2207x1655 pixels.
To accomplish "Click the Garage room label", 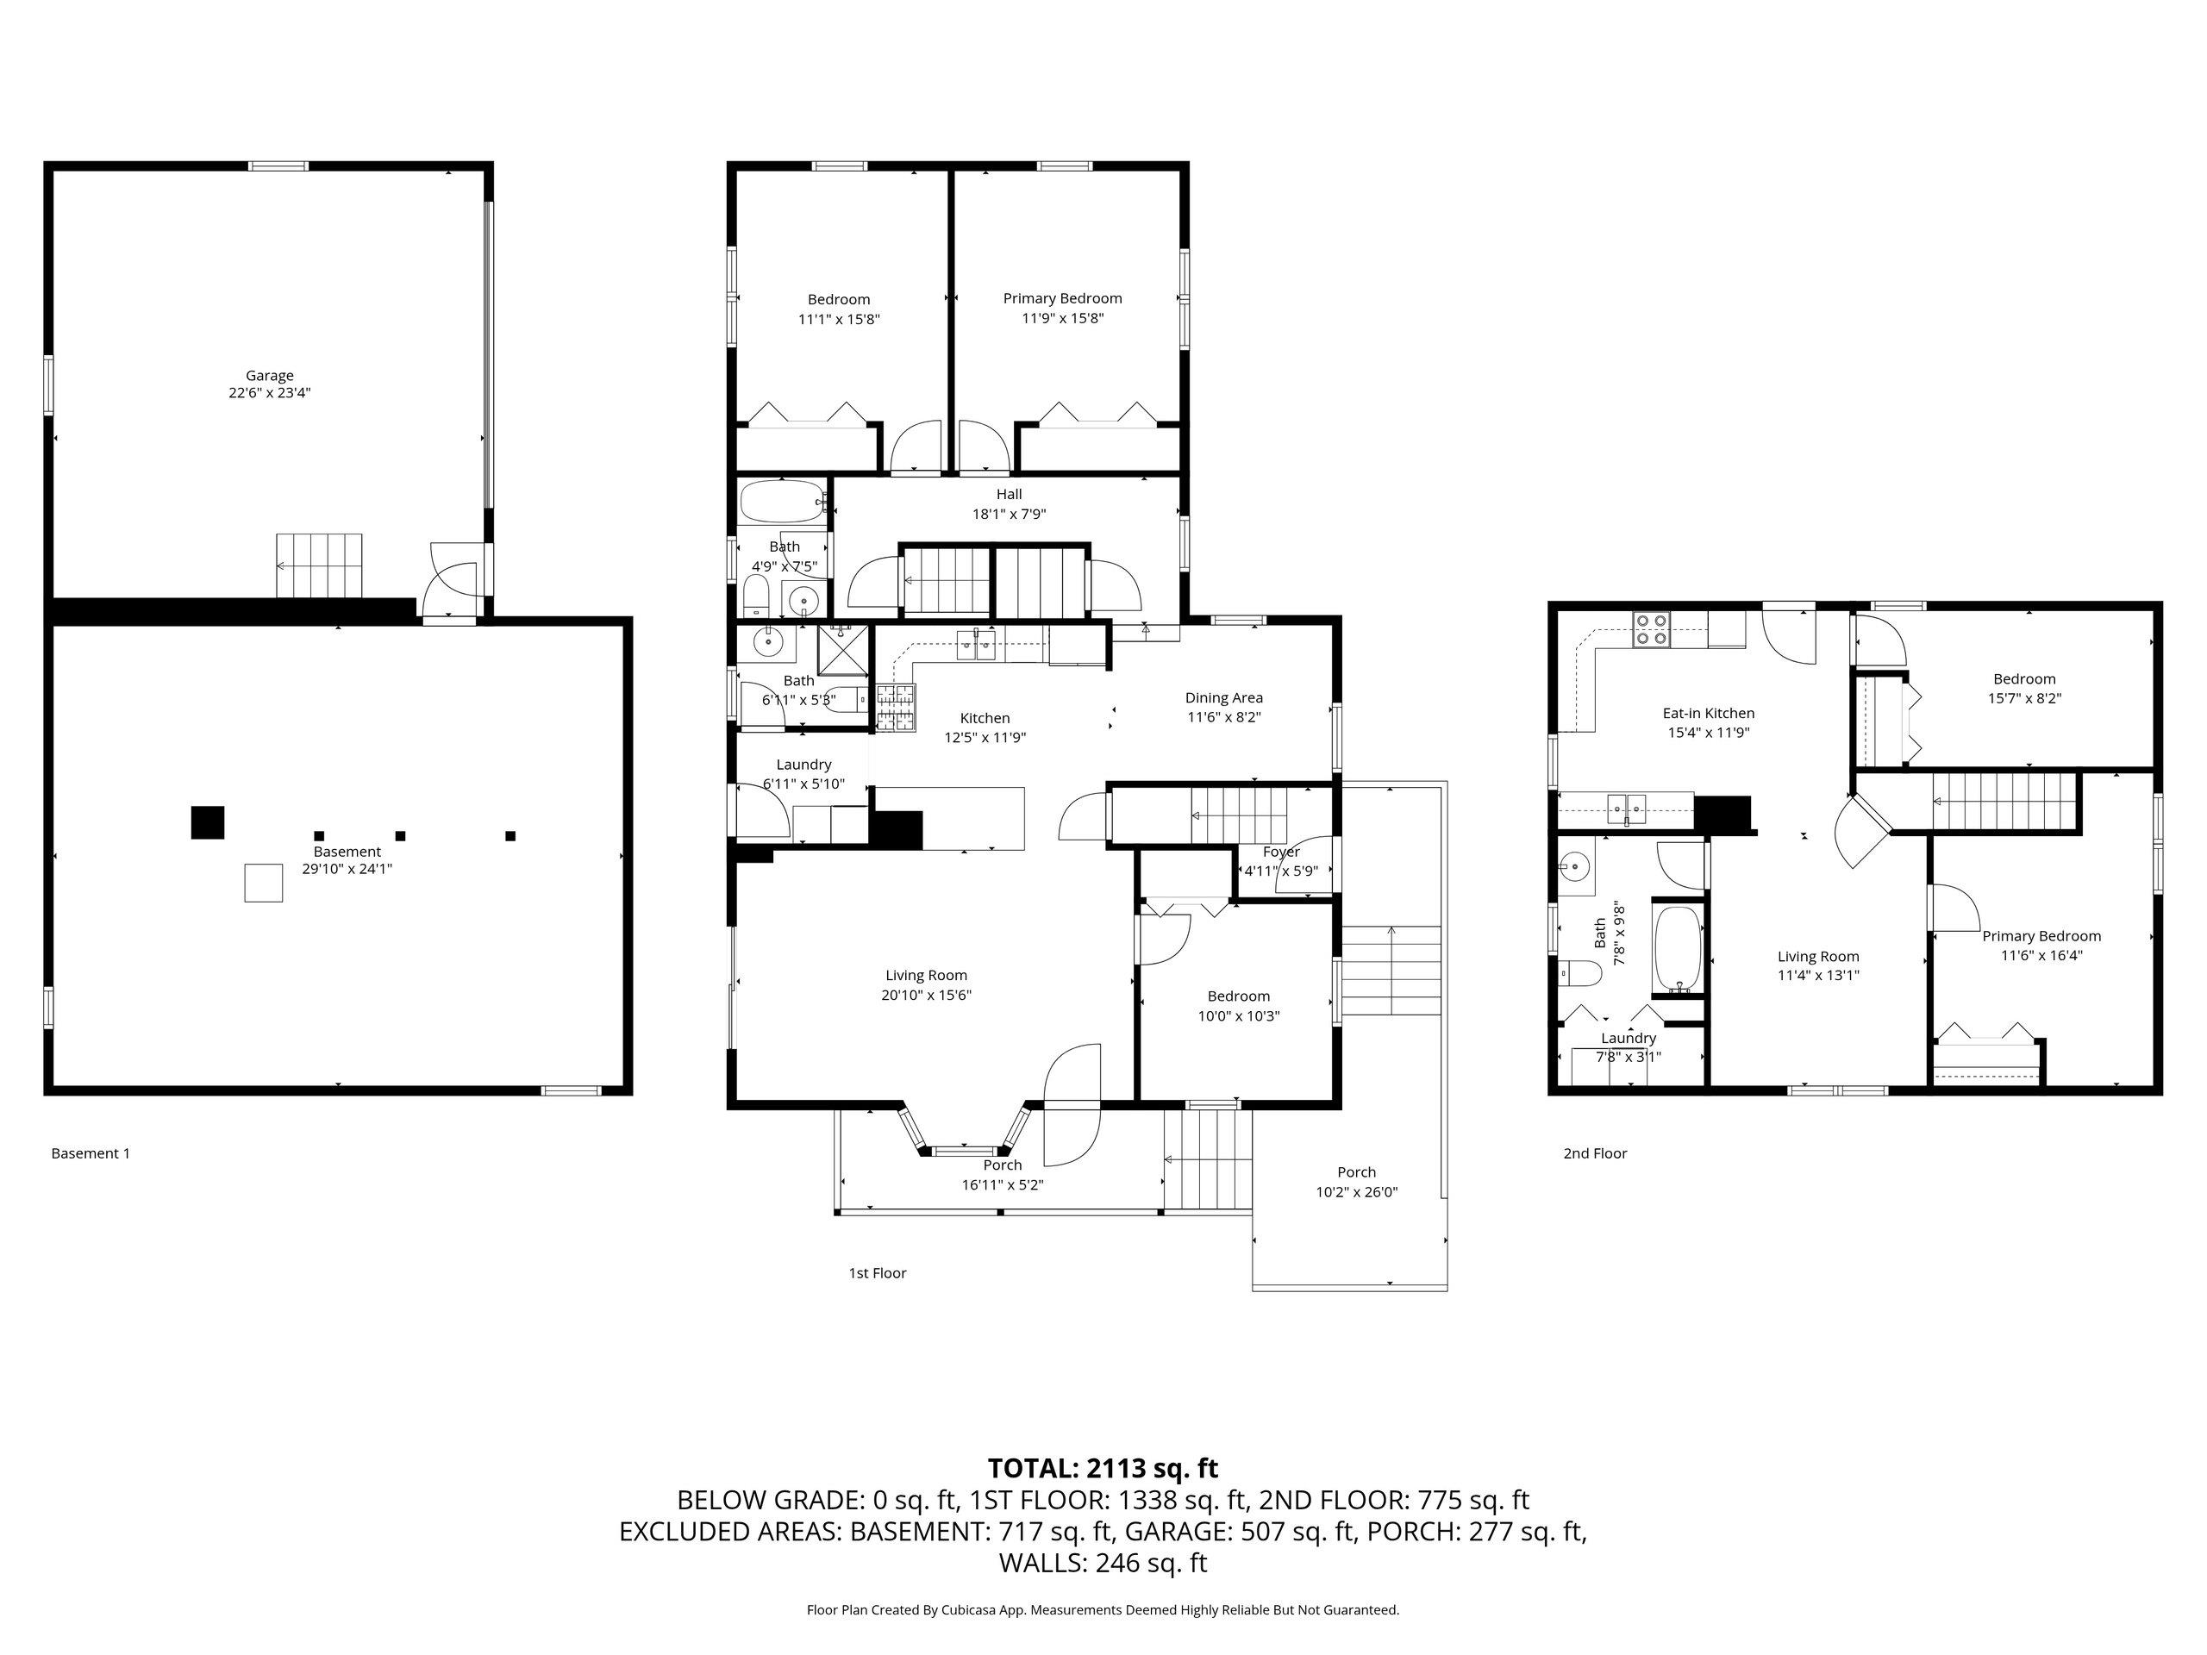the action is click(x=269, y=375).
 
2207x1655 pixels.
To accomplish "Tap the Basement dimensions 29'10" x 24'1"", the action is click(x=347, y=869).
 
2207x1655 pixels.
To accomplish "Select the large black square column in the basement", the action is click(x=208, y=822).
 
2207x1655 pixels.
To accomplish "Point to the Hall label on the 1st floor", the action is click(x=1009, y=494).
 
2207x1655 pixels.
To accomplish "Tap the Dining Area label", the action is click(x=1224, y=697).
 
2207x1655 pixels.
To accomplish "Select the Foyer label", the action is click(x=1281, y=851).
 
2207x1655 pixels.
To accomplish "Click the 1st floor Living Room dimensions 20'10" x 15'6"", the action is click(x=927, y=995).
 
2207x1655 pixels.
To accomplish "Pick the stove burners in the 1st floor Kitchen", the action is click(x=896, y=709).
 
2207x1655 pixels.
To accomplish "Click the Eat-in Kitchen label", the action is click(x=1708, y=713).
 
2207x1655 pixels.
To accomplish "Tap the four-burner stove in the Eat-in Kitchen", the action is click(x=1651, y=630).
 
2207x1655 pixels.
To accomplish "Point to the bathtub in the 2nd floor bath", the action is click(x=1679, y=951).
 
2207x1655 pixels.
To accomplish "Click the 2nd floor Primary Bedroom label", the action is click(x=2041, y=936).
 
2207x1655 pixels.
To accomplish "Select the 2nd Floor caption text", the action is click(x=1596, y=1153).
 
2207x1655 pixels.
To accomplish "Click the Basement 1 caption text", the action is click(x=91, y=1153).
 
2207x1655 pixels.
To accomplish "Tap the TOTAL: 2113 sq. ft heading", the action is click(x=1103, y=1469).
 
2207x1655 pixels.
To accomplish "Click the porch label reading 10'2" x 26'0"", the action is click(x=1357, y=1191).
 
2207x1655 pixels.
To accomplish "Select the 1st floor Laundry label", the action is click(x=804, y=765).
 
